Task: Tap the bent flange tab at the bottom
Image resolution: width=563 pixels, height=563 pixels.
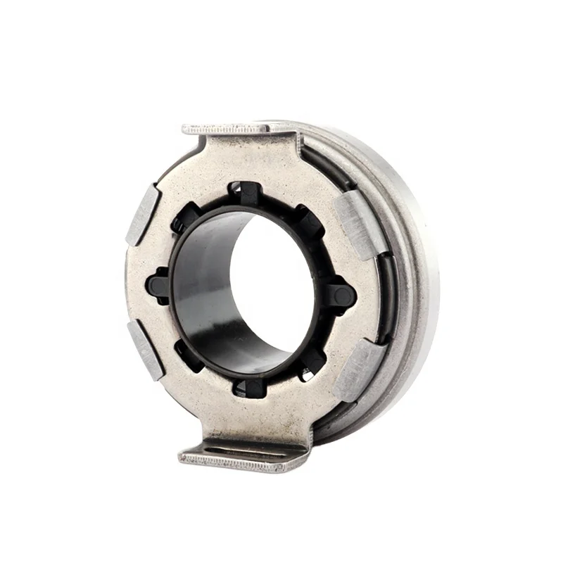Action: (x=239, y=459)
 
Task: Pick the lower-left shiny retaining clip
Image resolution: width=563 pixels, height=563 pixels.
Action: (x=145, y=349)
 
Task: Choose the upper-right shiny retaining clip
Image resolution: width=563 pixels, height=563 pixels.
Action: (x=360, y=220)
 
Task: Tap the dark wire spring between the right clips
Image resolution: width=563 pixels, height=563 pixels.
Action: (x=386, y=296)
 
